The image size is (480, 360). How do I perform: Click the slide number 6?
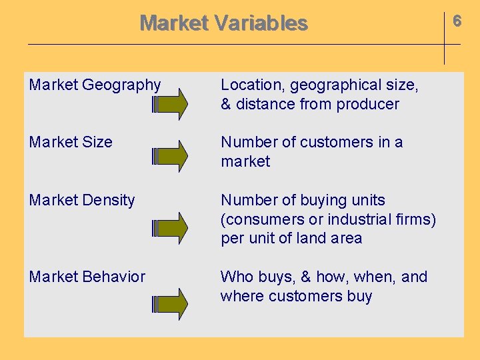pyautogui.click(x=457, y=21)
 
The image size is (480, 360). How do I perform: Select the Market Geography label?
pyautogui.click(x=95, y=85)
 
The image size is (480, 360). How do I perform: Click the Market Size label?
pyautogui.click(x=71, y=142)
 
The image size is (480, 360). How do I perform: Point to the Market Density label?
pyautogui.click(x=82, y=200)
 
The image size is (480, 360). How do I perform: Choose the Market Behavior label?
pyautogui.click(x=87, y=277)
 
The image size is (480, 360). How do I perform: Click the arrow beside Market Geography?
pyautogui.click(x=171, y=105)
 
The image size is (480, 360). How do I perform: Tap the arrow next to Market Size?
pyautogui.click(x=171, y=157)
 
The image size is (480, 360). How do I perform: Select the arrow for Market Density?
pyautogui.click(x=171, y=227)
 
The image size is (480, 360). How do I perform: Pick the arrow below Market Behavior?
pyautogui.click(x=171, y=305)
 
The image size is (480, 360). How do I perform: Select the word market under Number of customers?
pyautogui.click(x=245, y=161)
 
